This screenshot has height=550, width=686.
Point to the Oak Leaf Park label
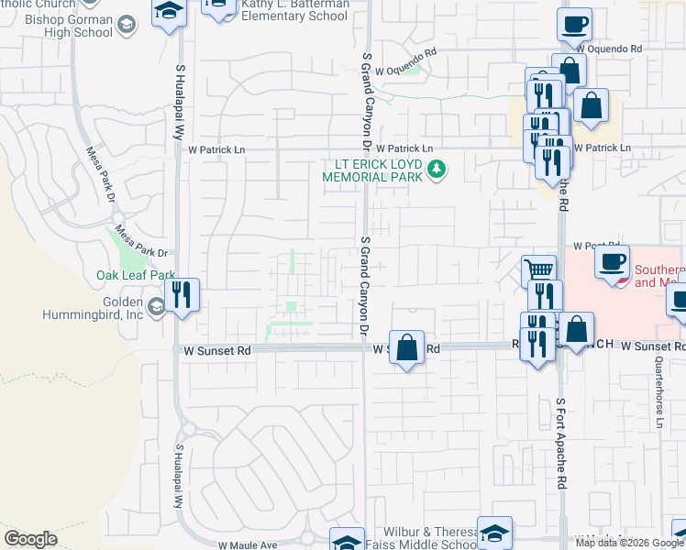135,275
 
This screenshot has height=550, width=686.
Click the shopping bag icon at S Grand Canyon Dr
407,347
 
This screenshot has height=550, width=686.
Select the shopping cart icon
539,270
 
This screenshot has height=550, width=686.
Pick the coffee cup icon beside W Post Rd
612,261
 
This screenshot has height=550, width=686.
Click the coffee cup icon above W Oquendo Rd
574,24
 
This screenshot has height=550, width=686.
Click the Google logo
30,539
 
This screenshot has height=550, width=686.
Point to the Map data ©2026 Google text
629,543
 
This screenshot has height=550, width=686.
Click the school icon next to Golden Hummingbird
157,306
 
